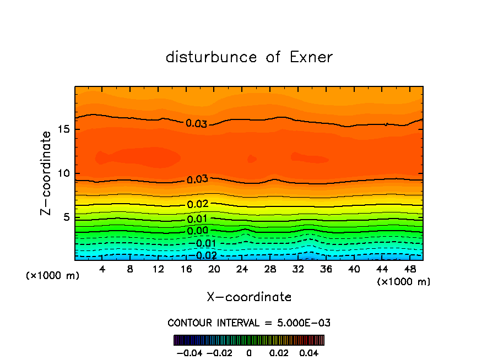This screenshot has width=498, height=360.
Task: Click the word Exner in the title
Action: pos(311,57)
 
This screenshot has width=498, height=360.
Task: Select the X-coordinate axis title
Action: pos(249,297)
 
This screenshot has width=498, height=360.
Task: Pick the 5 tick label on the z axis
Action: pos(68,217)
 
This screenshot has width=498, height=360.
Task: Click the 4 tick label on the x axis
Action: pos(102,269)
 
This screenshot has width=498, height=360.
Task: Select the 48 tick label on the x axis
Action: pos(409,269)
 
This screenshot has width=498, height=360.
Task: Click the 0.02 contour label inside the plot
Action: pos(198,204)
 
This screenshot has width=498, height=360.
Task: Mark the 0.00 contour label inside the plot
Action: pos(198,231)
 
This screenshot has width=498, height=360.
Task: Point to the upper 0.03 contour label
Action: pos(196,124)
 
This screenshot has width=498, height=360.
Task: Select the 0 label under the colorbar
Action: pos(249,352)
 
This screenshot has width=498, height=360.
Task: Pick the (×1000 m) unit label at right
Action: pos(403,282)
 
